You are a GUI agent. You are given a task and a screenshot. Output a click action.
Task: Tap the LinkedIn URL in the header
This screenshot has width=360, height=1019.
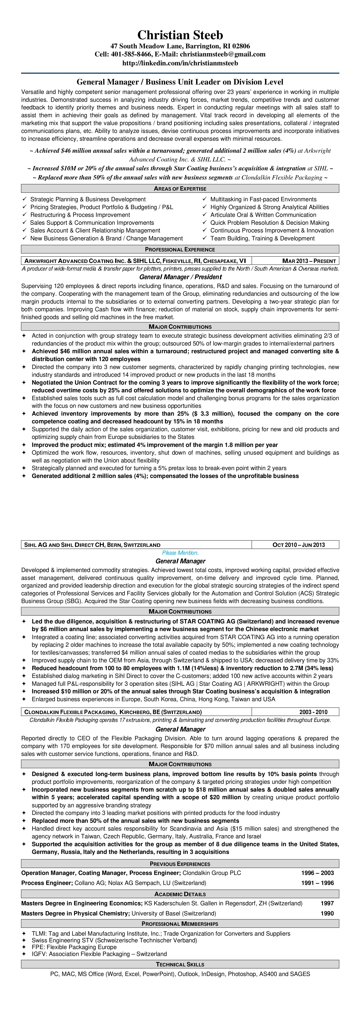pyautogui.click(x=180, y=63)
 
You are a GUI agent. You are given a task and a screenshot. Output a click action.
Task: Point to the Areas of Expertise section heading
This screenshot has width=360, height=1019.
pyautogui.click(x=180, y=189)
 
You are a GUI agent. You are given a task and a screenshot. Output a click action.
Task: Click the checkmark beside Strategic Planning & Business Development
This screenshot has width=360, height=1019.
pyautogui.click(x=25, y=199)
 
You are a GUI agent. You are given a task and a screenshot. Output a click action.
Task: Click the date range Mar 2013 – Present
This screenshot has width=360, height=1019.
pyautogui.click(x=309, y=261)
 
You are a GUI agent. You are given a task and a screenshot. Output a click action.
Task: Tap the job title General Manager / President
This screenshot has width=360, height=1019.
pyautogui.click(x=180, y=277)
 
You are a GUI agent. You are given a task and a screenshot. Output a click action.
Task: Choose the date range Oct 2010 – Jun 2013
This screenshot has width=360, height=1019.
pyautogui.click(x=299, y=545)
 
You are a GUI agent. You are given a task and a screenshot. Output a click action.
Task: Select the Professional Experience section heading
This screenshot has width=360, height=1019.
pyautogui.click(x=180, y=250)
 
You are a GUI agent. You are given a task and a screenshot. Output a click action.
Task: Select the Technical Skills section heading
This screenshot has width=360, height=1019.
pyautogui.click(x=180, y=964)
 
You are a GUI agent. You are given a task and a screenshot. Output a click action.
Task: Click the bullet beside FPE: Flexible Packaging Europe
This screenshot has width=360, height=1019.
pyautogui.click(x=24, y=947)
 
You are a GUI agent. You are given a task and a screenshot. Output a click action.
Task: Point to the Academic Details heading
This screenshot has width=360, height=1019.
pyautogui.click(x=180, y=894)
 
